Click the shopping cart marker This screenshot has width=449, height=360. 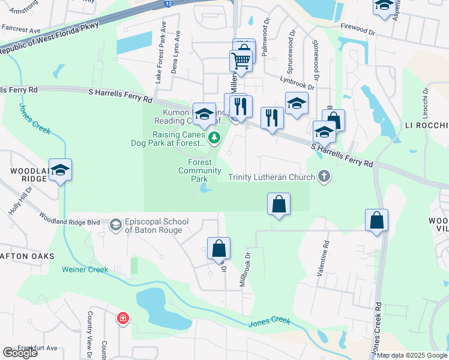tap(241, 61)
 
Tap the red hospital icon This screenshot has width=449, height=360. tap(122, 317)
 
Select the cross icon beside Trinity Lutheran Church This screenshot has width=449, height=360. tap(325, 177)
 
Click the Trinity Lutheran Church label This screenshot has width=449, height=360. tap(271, 177)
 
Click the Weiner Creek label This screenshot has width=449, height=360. tap(85, 269)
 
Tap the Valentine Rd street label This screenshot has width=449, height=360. tap(326, 254)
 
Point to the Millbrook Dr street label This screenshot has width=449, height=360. tap(245, 268)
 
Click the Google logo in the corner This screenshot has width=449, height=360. tap(20, 352)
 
